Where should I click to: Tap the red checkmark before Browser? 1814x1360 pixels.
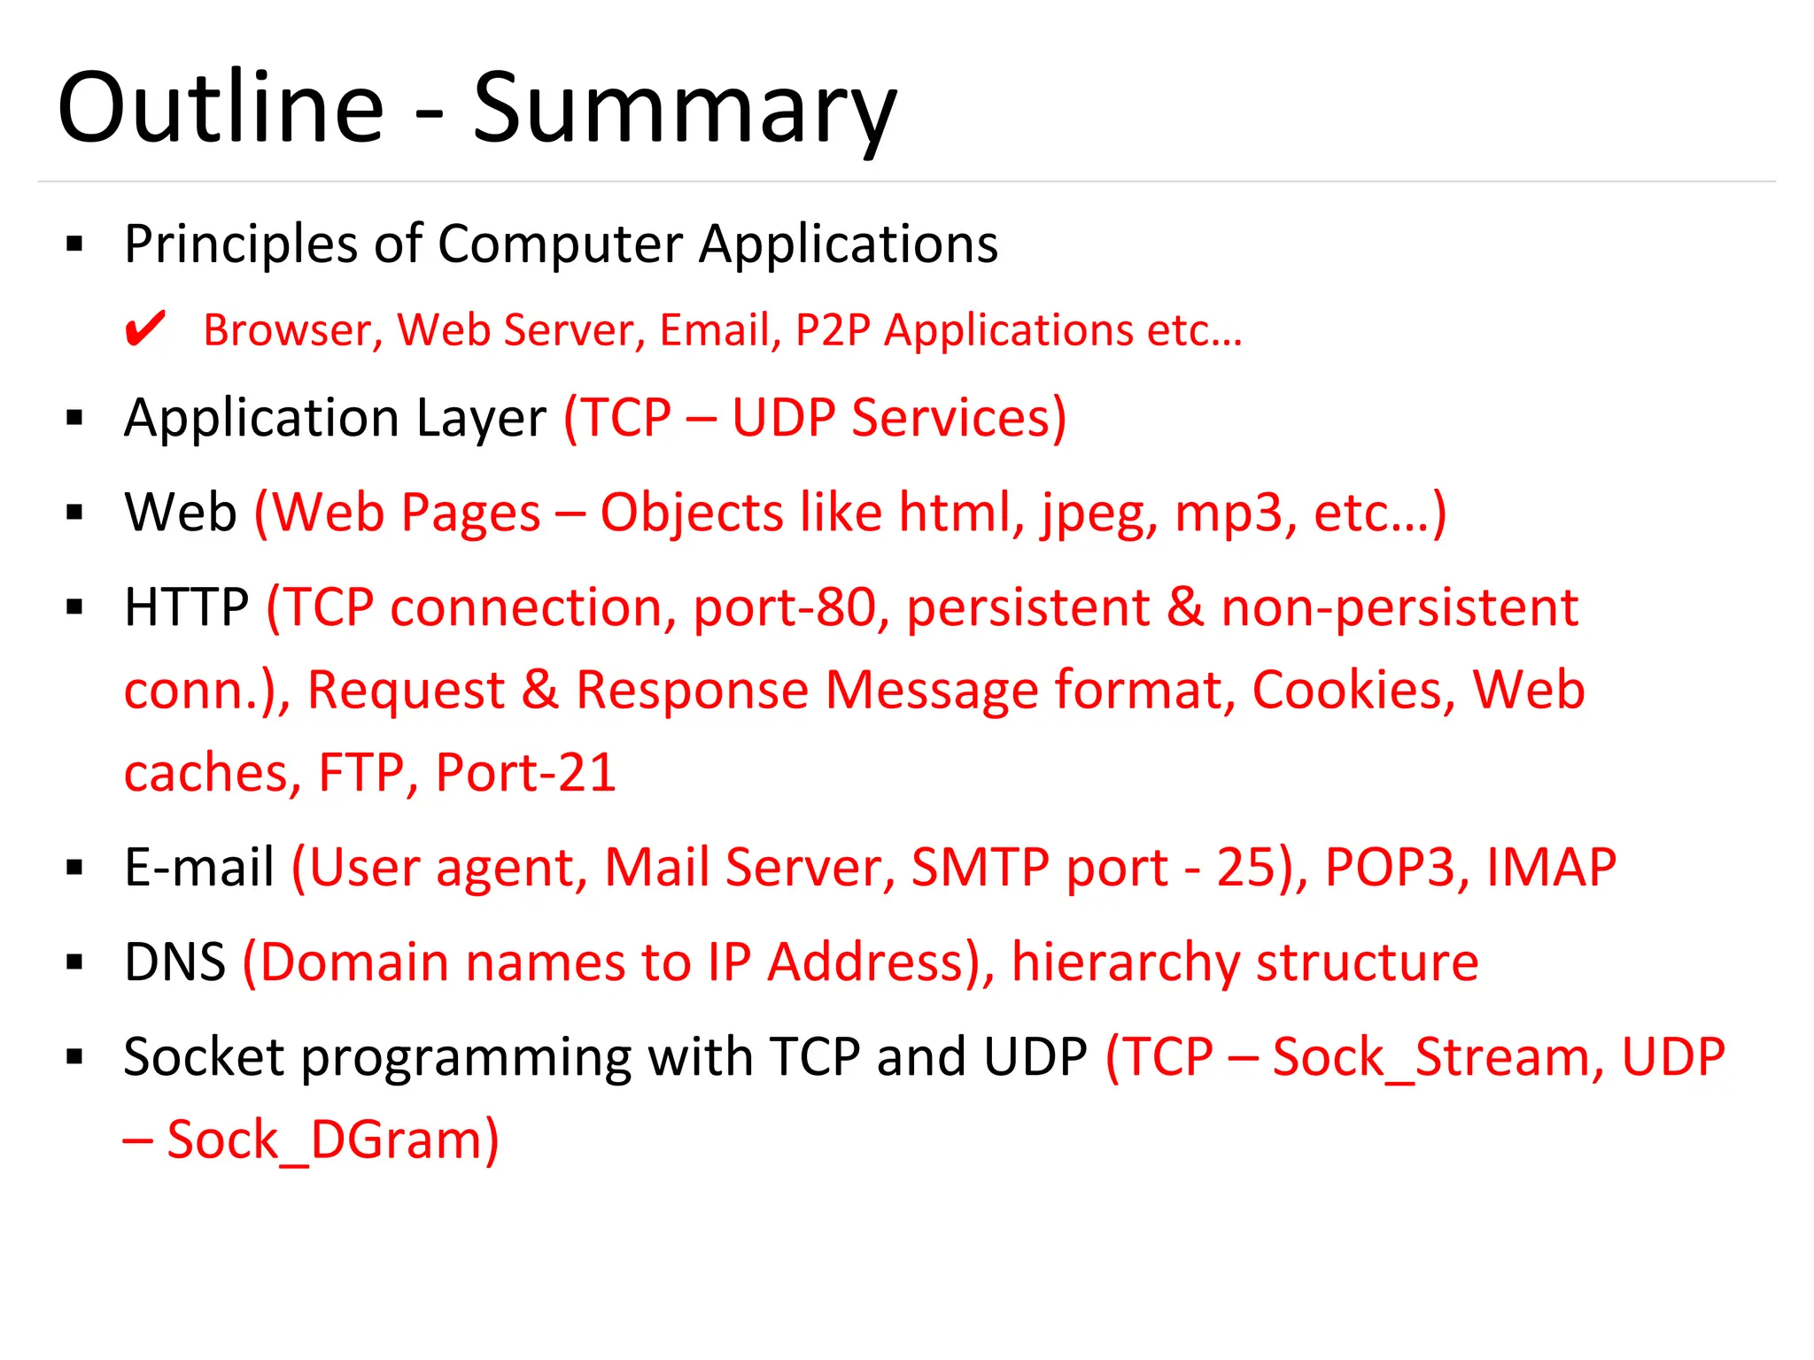[x=144, y=329]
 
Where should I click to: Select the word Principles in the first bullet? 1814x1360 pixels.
[x=240, y=244]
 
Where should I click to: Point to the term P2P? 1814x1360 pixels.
[x=833, y=330]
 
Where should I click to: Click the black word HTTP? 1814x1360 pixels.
[x=187, y=607]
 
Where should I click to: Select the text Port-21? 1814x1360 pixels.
[x=525, y=772]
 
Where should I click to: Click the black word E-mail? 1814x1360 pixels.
[x=199, y=867]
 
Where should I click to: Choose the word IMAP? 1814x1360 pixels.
[x=1551, y=867]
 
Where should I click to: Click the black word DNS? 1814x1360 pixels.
[x=175, y=962]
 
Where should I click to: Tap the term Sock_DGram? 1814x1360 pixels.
[x=332, y=1140]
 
